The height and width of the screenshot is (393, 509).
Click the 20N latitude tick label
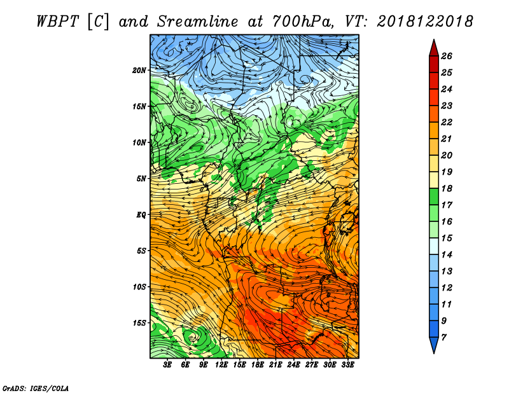139,71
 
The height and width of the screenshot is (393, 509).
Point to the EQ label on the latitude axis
141,215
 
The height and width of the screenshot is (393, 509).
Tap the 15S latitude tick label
139,323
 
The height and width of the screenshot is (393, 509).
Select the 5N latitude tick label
141,179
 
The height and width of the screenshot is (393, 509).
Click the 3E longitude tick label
167,365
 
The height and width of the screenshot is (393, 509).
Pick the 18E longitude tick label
258,365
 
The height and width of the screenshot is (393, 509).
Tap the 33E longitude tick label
347,365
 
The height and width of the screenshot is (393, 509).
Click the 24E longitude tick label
293,365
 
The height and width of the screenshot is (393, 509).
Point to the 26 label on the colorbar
447,56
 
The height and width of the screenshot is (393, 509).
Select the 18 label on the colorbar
447,188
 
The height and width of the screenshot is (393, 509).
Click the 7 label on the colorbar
443,338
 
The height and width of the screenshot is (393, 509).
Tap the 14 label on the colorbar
447,255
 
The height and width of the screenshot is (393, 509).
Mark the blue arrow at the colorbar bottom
434,345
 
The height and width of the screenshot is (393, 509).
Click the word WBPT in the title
57,22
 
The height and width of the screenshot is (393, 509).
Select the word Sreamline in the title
198,22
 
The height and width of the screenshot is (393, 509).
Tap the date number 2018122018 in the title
425,22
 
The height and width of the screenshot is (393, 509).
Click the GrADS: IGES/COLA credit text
36,388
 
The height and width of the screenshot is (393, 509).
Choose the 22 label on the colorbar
447,122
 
